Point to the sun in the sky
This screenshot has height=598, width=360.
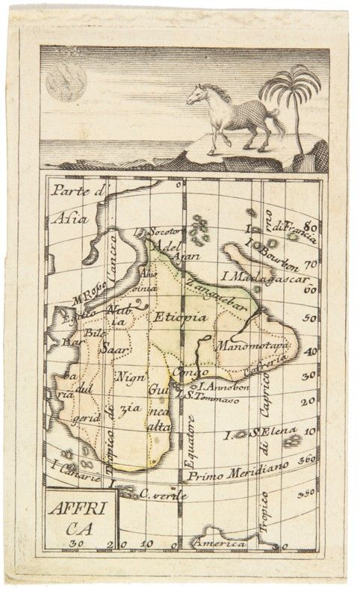point(65,81)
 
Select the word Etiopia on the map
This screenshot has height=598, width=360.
point(180,317)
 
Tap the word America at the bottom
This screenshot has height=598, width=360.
point(220,543)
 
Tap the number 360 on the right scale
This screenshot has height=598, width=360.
point(307,459)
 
